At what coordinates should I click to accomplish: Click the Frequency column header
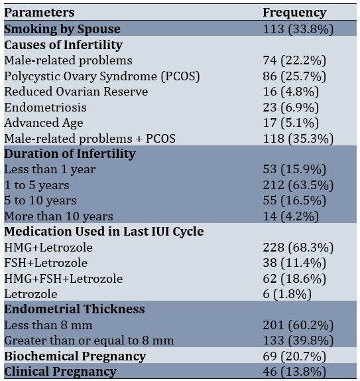point(294,13)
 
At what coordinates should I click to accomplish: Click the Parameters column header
point(39,12)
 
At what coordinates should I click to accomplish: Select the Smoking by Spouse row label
point(62,29)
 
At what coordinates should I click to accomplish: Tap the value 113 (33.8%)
point(298,29)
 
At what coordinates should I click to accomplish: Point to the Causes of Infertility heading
point(63,45)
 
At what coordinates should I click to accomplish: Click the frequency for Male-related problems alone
point(294,60)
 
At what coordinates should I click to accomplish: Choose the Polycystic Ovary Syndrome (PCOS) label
point(102,76)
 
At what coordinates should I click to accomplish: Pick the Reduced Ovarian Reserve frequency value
point(291,92)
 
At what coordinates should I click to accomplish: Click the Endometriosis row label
point(45,108)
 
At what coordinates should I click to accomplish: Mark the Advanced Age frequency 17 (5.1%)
point(291,123)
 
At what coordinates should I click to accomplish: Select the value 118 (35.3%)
point(298,139)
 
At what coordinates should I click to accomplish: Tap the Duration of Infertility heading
point(70,154)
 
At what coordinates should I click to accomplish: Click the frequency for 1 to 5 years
point(298,185)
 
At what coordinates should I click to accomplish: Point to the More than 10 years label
point(59,216)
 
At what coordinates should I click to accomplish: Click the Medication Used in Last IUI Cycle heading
point(104,231)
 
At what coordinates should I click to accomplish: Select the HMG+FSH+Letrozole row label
point(64,279)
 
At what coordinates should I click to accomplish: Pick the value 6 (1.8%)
point(287,294)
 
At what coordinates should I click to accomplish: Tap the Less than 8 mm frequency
point(298,325)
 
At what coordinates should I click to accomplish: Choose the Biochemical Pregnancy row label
point(75,356)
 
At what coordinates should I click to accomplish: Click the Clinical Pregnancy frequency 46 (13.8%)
point(294,372)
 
